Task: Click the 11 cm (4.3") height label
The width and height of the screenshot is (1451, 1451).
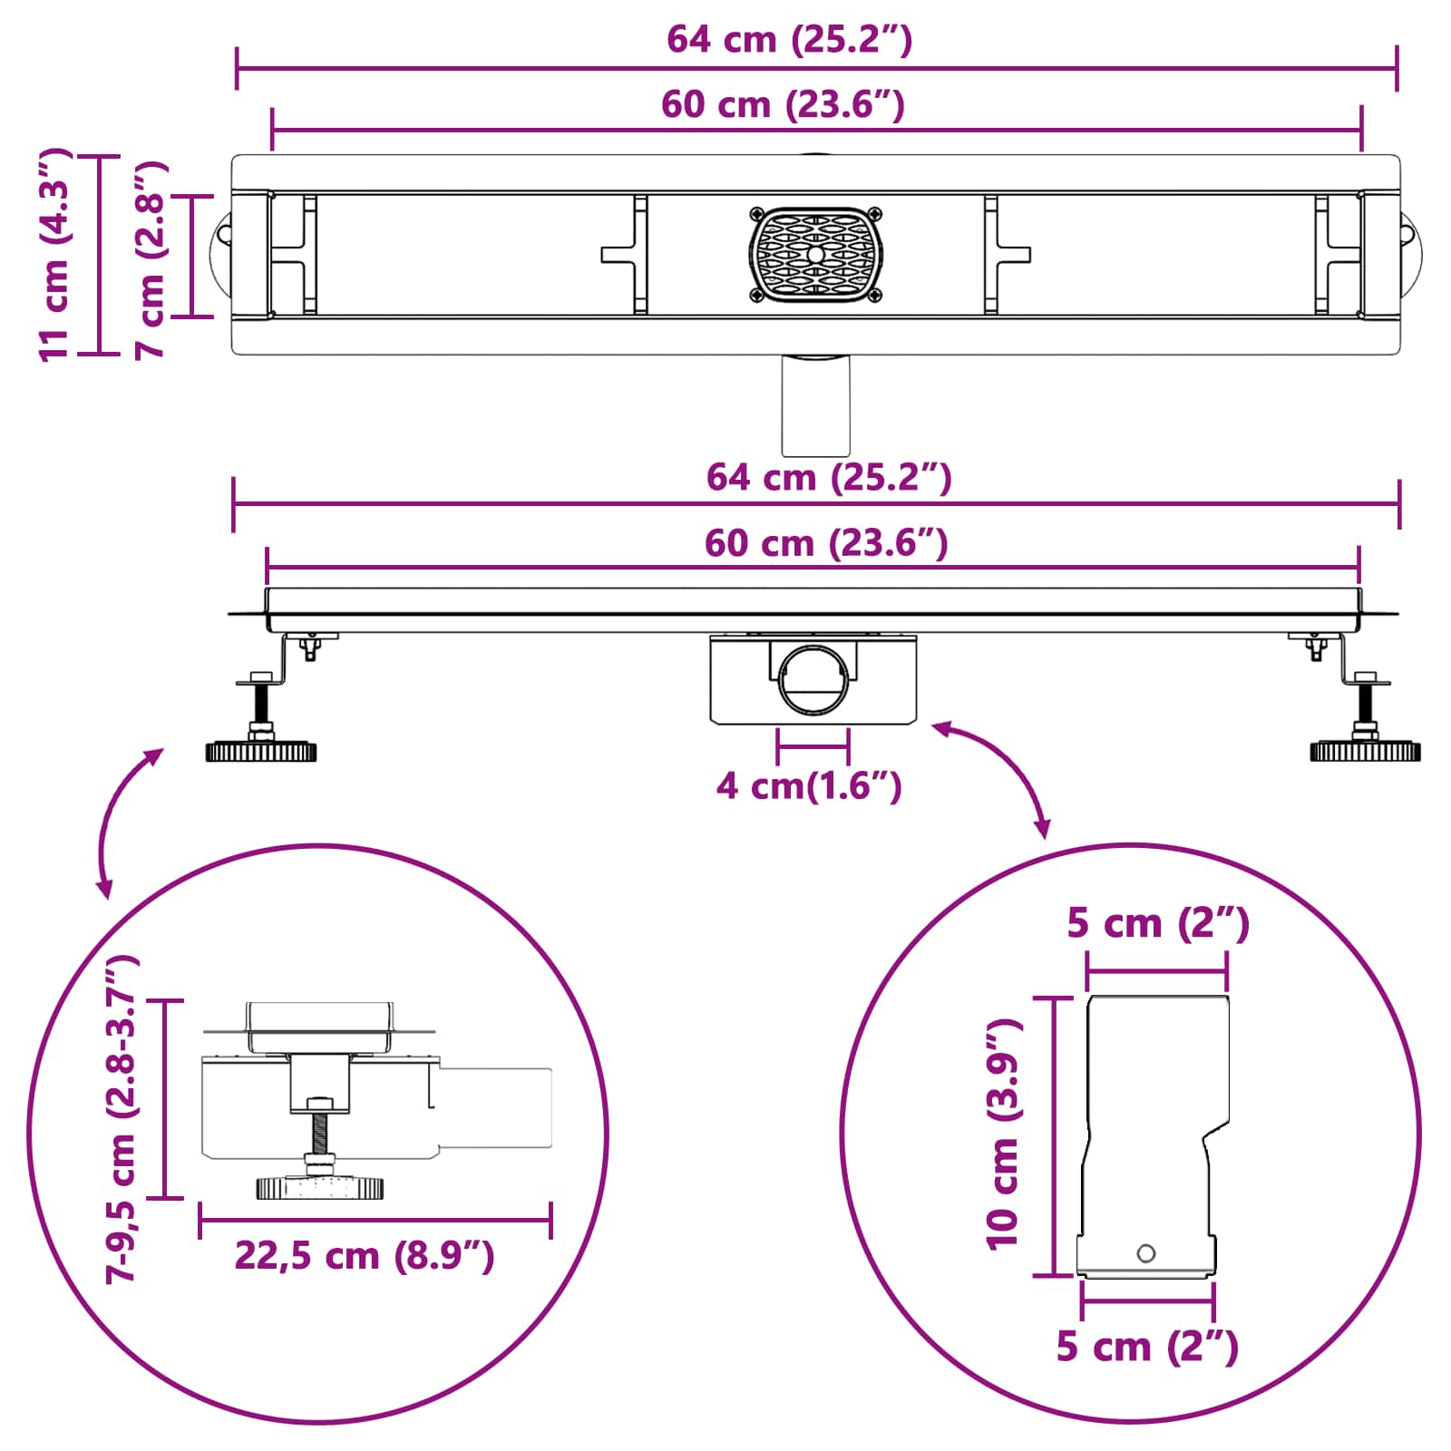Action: pos(54,254)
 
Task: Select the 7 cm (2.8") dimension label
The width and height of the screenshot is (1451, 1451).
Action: pos(151,260)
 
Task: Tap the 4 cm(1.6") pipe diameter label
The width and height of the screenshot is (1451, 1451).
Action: pos(809,785)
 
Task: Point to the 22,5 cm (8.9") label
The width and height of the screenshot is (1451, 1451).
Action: pos(365,1256)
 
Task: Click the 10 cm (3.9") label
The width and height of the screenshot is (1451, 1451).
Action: pos(1004,1134)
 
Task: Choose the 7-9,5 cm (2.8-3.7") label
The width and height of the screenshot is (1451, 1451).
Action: pos(122,1118)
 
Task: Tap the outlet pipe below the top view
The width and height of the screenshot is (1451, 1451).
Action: pos(816,404)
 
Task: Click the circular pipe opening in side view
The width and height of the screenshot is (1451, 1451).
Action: pos(813,679)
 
